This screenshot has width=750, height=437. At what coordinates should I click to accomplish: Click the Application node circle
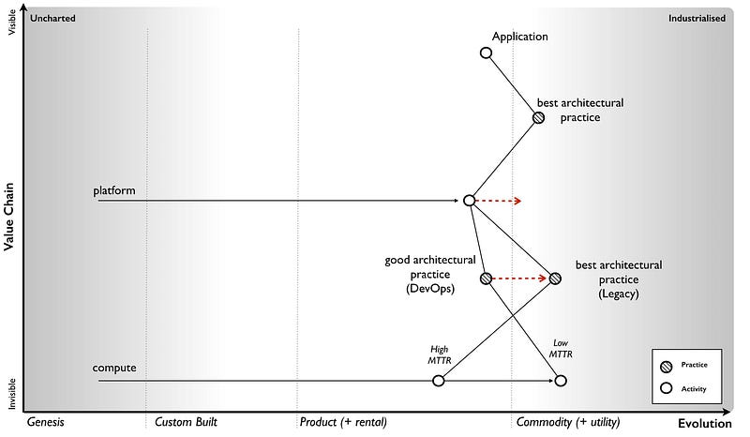(x=486, y=53)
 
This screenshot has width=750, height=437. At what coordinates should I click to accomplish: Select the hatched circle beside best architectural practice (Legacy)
(x=555, y=279)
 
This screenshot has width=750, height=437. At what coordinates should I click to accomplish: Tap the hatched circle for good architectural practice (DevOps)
(x=486, y=279)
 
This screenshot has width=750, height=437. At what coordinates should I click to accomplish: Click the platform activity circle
(x=469, y=201)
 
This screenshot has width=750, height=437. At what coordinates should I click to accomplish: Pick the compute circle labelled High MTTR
(x=438, y=380)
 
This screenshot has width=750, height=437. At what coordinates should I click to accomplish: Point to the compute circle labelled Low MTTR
(x=561, y=380)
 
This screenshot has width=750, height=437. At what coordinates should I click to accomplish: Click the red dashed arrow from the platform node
(x=498, y=201)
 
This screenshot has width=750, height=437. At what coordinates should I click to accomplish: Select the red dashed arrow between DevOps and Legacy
(x=520, y=279)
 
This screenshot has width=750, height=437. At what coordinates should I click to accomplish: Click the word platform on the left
(x=114, y=191)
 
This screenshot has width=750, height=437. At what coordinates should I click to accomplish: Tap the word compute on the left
(x=114, y=368)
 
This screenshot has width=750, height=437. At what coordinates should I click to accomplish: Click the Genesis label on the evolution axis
(x=45, y=422)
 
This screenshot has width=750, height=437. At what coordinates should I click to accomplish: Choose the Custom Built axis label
(x=186, y=422)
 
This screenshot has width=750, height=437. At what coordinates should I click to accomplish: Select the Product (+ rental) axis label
(x=343, y=422)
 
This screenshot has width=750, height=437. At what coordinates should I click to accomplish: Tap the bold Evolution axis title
(x=704, y=424)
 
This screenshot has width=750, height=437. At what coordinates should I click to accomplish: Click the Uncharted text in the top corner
(x=52, y=18)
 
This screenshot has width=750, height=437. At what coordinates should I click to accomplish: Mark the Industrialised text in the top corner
(x=697, y=18)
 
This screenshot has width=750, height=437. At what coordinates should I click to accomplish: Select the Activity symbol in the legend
(x=667, y=387)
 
